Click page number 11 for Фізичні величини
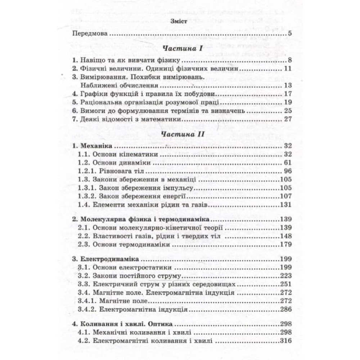[x=287, y=69]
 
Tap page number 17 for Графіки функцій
[x=287, y=94]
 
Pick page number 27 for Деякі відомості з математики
[x=287, y=120]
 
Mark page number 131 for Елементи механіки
[x=285, y=205]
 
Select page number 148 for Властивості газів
[x=285, y=236]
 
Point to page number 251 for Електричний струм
[x=285, y=284]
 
